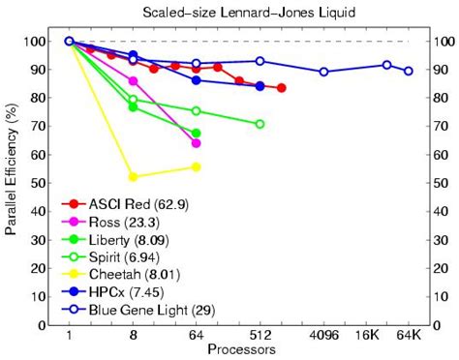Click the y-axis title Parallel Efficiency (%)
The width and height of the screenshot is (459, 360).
(11, 182)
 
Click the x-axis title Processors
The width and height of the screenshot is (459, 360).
(241, 348)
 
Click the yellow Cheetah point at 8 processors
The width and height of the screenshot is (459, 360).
(133, 177)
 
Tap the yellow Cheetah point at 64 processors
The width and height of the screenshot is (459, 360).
(196, 167)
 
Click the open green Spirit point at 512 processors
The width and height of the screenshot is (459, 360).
(260, 124)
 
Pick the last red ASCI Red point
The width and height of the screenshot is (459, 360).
(281, 88)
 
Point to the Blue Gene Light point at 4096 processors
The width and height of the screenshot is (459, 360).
(323, 72)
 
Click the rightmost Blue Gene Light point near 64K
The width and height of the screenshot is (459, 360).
(409, 71)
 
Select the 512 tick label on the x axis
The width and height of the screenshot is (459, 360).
(260, 335)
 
